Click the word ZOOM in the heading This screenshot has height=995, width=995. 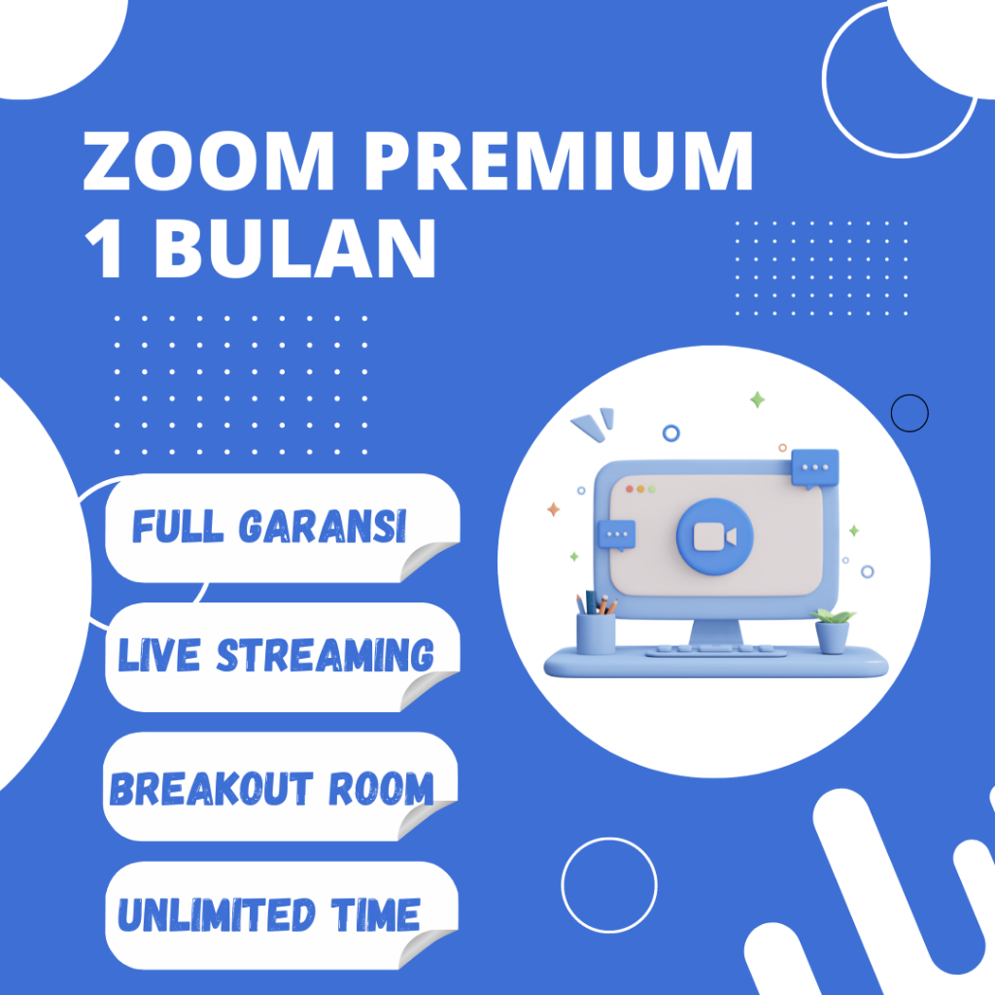click(x=209, y=160)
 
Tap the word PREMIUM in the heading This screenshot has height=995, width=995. click(x=559, y=160)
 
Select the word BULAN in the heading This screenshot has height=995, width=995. click(x=295, y=248)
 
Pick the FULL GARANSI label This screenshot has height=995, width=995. click(x=269, y=526)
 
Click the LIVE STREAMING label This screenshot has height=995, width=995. click(x=276, y=655)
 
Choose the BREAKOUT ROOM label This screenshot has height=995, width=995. click(x=272, y=788)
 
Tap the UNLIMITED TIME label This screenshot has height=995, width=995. click(x=269, y=914)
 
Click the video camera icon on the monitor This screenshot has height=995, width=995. click(x=714, y=536)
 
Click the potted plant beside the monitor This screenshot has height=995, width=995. click(x=833, y=631)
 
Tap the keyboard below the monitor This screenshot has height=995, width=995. click(x=715, y=650)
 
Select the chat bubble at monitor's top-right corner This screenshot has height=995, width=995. click(x=815, y=468)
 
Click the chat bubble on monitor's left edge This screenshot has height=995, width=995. click(x=617, y=535)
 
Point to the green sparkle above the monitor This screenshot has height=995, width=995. click(x=757, y=399)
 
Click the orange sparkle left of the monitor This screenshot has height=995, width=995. click(x=553, y=509)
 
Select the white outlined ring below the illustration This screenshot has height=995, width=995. click(x=562, y=885)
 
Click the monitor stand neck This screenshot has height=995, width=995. click(x=716, y=632)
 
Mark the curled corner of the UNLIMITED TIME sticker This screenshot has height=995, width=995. click(x=426, y=947)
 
